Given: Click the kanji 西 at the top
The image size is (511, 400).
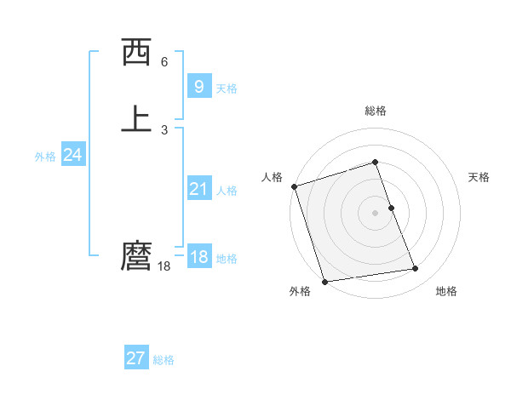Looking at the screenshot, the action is click(x=137, y=53).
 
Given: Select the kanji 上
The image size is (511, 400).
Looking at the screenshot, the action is click(x=137, y=118).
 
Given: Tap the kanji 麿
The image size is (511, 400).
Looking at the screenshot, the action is click(x=137, y=255).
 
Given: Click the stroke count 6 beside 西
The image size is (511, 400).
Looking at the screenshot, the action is click(x=164, y=62).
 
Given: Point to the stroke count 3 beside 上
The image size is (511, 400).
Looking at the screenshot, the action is click(x=164, y=129).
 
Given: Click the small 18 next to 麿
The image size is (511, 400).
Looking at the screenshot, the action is click(x=164, y=266).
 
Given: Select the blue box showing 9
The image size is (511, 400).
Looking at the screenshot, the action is click(x=198, y=86).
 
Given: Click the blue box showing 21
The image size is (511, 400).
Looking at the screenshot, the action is click(x=198, y=189).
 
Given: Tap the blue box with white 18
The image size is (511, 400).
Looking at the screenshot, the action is click(x=198, y=257).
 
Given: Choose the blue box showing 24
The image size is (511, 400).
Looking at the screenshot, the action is click(x=72, y=155).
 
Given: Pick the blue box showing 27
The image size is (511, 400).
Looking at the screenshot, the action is click(x=135, y=358).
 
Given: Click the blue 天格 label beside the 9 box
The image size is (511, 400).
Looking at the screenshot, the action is click(x=227, y=88).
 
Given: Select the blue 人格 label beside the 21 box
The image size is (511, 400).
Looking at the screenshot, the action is click(x=227, y=191).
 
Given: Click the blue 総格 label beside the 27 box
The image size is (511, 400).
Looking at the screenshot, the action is click(x=164, y=360).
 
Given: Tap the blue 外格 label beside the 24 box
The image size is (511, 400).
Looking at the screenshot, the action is click(x=45, y=157).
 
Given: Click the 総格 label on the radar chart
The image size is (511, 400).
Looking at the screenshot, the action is click(x=376, y=111).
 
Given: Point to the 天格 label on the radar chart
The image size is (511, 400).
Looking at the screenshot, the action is click(x=479, y=177).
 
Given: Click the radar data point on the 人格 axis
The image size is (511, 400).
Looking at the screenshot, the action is click(x=294, y=186).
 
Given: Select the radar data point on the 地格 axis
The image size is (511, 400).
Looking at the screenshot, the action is click(x=416, y=269).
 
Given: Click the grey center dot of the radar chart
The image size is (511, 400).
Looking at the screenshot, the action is click(x=376, y=212).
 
